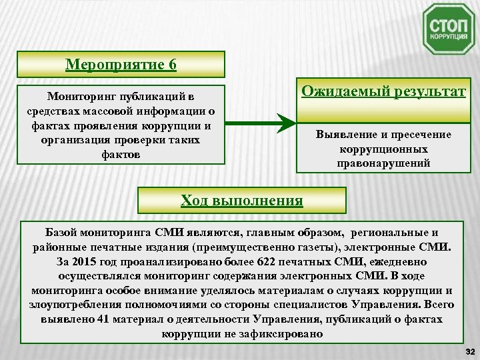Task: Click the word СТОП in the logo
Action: click(448, 24)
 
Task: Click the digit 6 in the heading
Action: click(172, 65)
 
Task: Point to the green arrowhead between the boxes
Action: click(285, 123)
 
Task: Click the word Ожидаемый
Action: click(343, 91)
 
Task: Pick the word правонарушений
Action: click(383, 163)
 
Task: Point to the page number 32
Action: click(468, 351)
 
